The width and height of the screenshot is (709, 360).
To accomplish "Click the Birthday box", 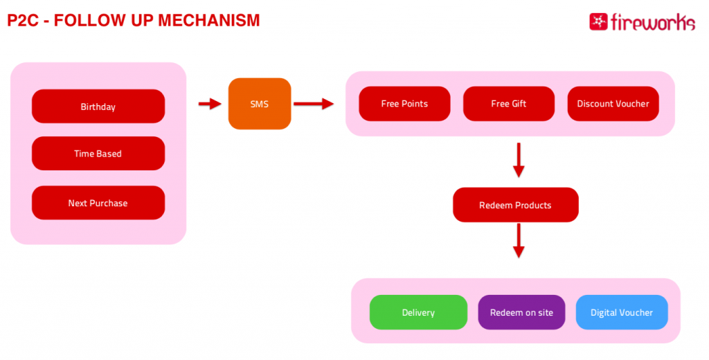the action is coord(98,107).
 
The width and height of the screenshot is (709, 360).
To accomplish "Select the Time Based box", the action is coord(98,153).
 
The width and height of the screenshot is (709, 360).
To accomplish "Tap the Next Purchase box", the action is coord(98,203).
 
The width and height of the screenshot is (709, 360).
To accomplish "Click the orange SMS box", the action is coord(260,104).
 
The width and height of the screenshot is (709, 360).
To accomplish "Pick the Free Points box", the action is coord(404,104).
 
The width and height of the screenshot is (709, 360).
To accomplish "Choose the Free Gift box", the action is coord(509,104).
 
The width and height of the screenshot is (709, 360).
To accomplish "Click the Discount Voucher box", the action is coord(613,104).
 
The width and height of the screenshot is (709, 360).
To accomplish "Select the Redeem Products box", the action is coord(515,205).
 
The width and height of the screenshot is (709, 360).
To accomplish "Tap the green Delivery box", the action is coord(418,312).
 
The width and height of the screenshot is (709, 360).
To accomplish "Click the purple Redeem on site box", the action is coord(521,312).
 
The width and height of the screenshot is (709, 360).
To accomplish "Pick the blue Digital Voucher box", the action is coord(622,312).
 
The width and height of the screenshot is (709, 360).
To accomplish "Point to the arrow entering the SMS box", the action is coord(210,104).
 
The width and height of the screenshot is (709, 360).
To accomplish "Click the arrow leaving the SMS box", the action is coord(314,104).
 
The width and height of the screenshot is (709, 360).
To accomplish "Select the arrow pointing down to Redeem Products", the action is coord(519,160).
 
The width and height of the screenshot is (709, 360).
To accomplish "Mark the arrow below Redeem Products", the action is coord(519,241).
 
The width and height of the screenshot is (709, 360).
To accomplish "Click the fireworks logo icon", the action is coord(598,21).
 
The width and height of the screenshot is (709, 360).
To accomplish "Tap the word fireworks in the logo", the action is coord(653,22).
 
